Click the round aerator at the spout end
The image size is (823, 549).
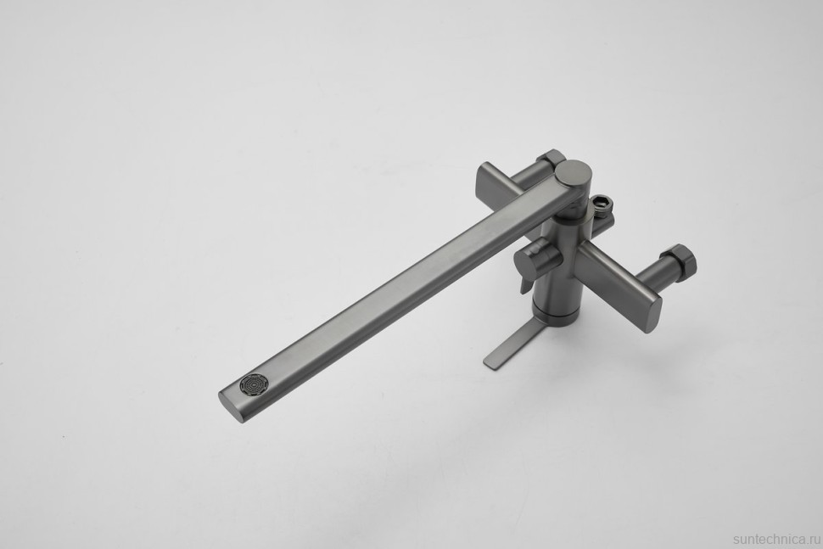point(254,384)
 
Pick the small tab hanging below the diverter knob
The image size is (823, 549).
point(525,284)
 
